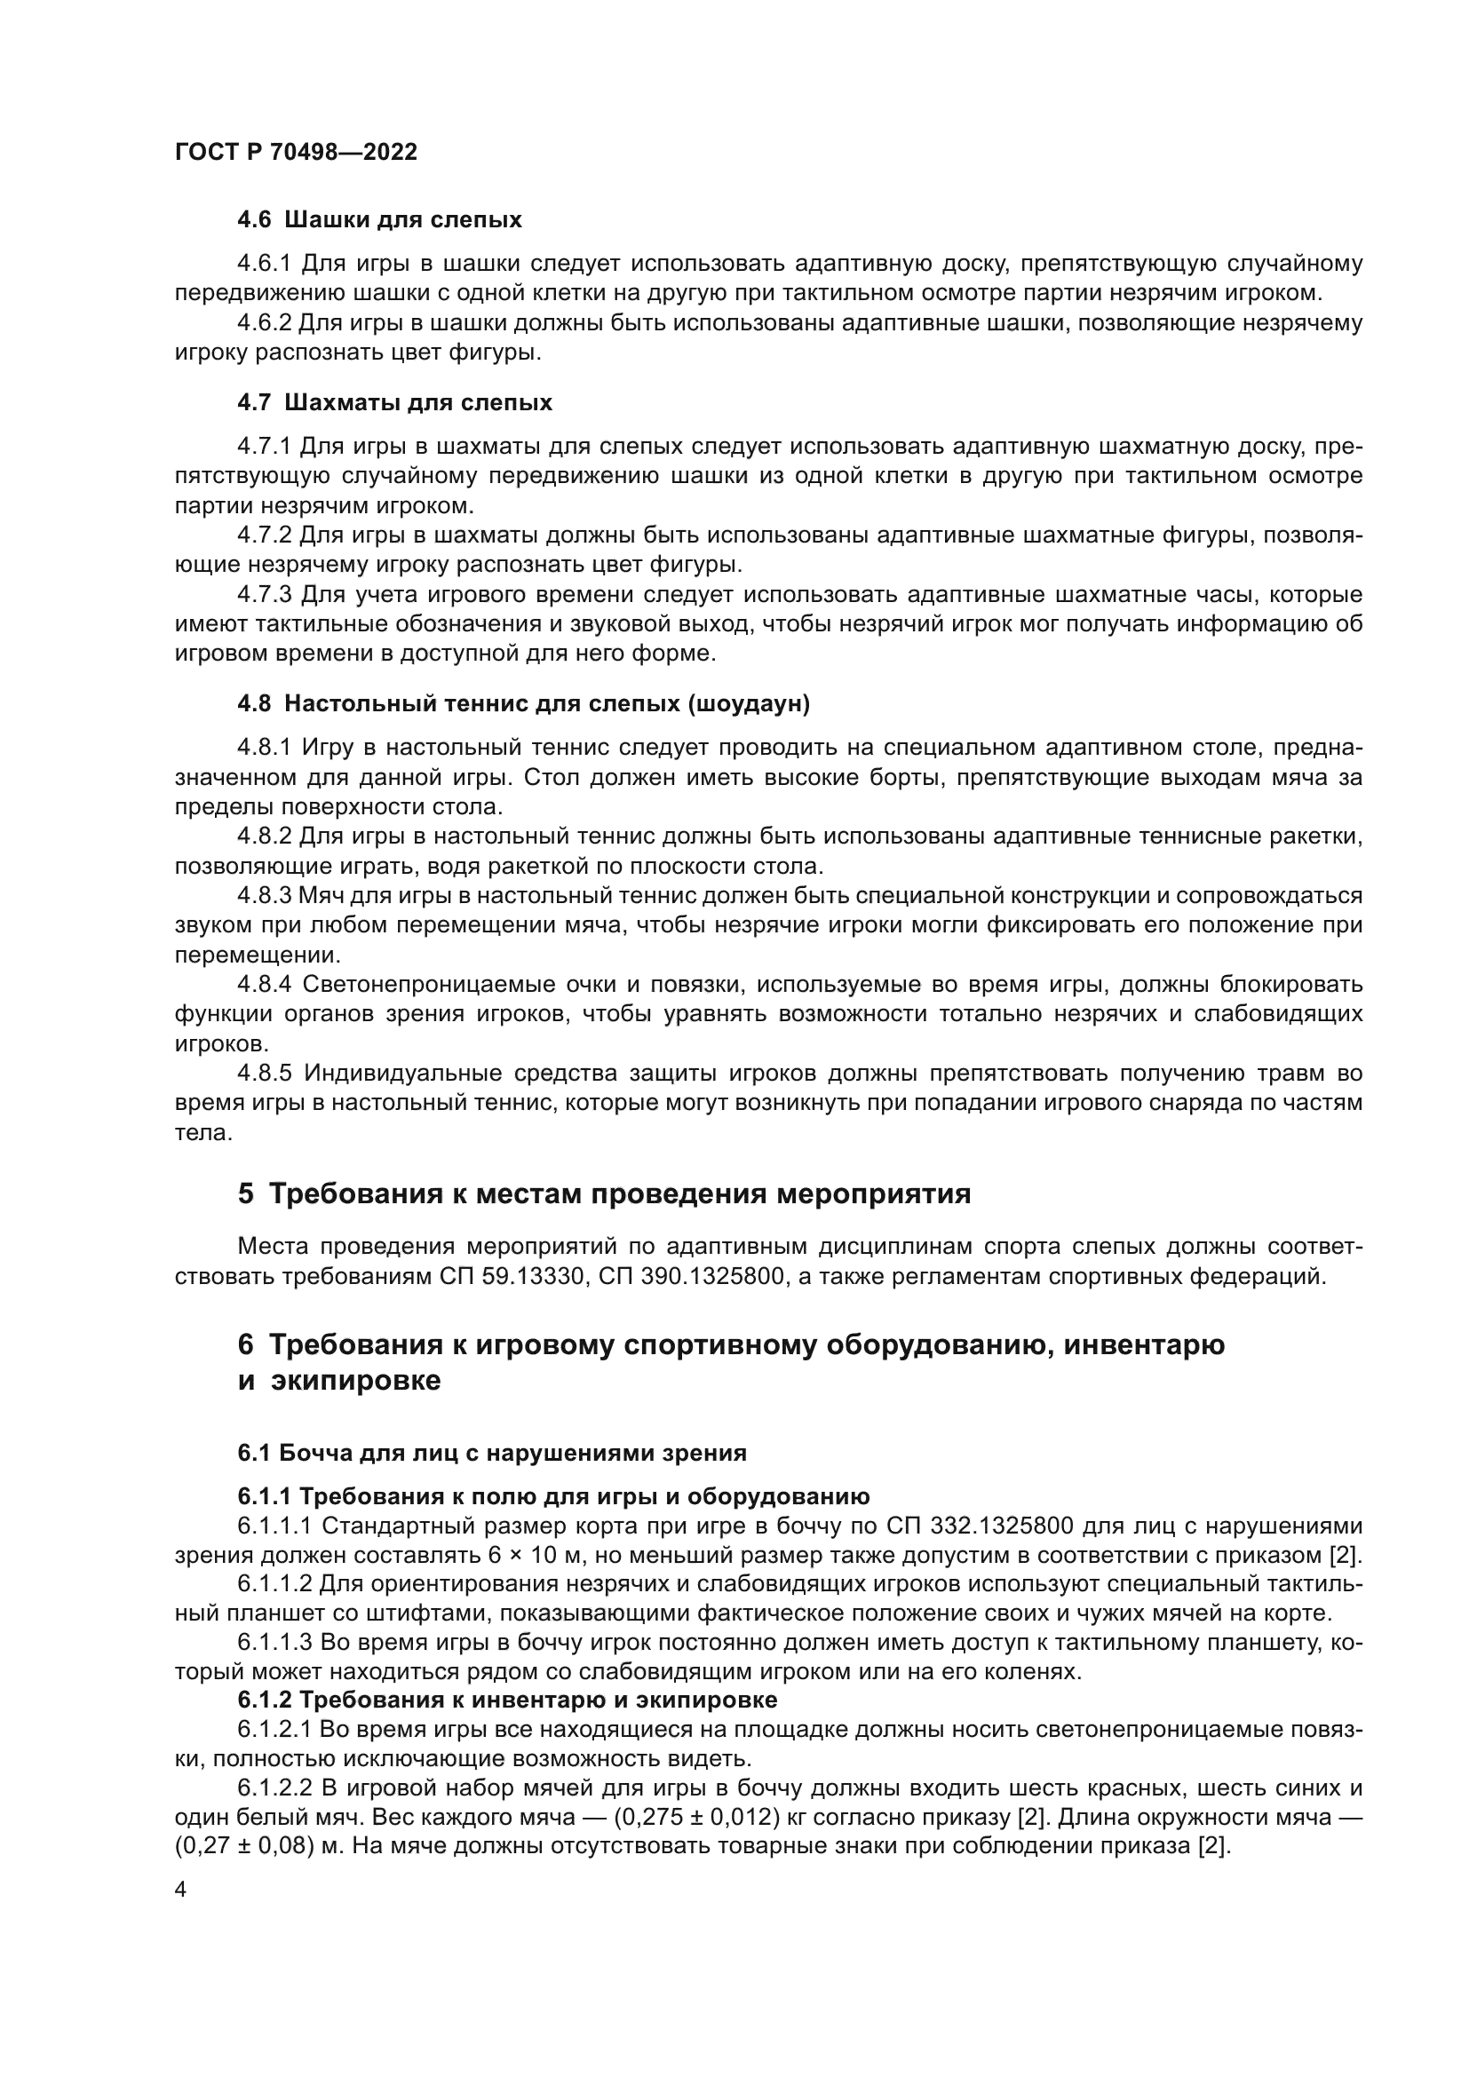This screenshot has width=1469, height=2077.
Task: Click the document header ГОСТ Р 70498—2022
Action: click(296, 152)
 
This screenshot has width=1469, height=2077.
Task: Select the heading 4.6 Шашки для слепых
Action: click(379, 220)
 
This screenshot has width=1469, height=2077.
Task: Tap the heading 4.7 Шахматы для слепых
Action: click(394, 402)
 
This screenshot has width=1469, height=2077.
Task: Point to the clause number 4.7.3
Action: click(264, 594)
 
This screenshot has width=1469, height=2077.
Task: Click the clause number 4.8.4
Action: click(264, 984)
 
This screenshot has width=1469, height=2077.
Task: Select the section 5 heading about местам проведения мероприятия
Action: click(604, 1194)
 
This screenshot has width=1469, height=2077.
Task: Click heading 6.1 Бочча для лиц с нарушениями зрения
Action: click(492, 1453)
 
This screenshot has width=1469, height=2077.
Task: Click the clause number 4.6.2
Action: click(264, 323)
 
